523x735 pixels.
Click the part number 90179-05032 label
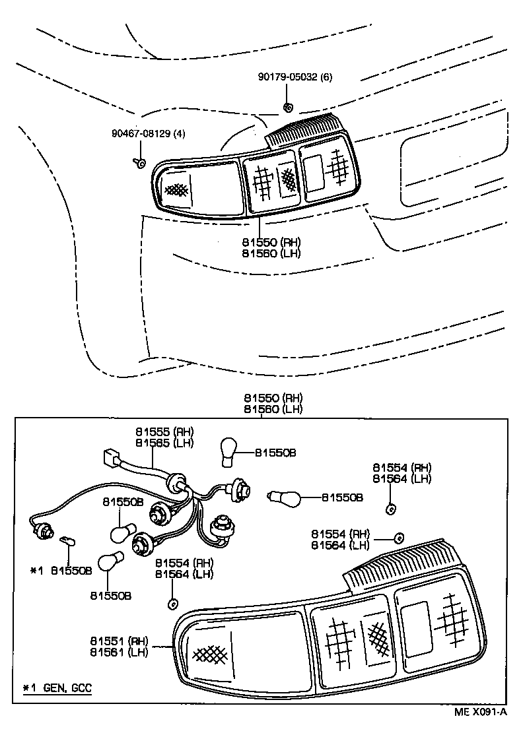(x=288, y=77)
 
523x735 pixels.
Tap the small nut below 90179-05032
(x=287, y=106)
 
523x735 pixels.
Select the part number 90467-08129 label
(x=141, y=133)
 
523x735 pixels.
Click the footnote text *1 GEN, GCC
(x=57, y=688)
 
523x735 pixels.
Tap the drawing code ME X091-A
(x=479, y=711)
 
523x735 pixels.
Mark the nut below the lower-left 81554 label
(x=174, y=602)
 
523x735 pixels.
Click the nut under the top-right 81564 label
(x=389, y=509)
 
